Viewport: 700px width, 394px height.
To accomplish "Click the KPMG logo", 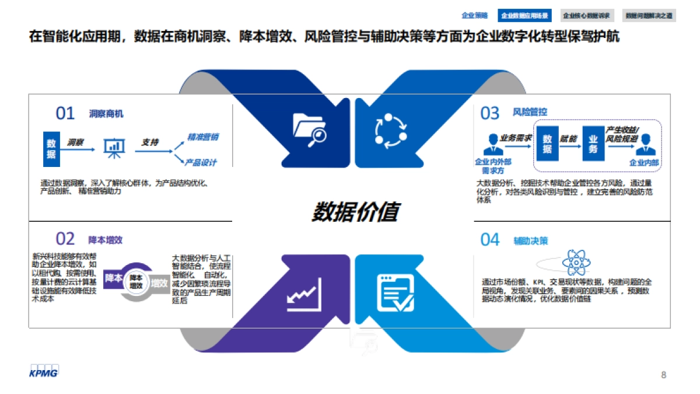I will [44, 371].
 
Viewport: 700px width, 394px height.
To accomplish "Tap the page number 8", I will [663, 375].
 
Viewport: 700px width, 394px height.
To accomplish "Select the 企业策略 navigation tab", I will [474, 16].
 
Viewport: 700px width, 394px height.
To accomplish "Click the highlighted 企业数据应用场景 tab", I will [525, 16].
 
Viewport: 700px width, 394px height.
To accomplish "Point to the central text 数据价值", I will [354, 212].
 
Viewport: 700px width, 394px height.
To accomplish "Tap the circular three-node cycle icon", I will [389, 130].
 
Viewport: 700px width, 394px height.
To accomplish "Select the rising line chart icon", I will [304, 295].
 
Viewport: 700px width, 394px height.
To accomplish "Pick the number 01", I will [65, 113].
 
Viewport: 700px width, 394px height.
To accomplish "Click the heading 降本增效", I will [105, 239].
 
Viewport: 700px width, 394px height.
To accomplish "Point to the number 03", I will [490, 113].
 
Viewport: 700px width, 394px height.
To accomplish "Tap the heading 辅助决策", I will [531, 240].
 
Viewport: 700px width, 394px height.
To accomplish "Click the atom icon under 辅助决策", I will [576, 262].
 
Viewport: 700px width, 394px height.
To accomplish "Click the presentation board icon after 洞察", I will [114, 148].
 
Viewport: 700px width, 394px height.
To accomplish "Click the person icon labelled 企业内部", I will [644, 145].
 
